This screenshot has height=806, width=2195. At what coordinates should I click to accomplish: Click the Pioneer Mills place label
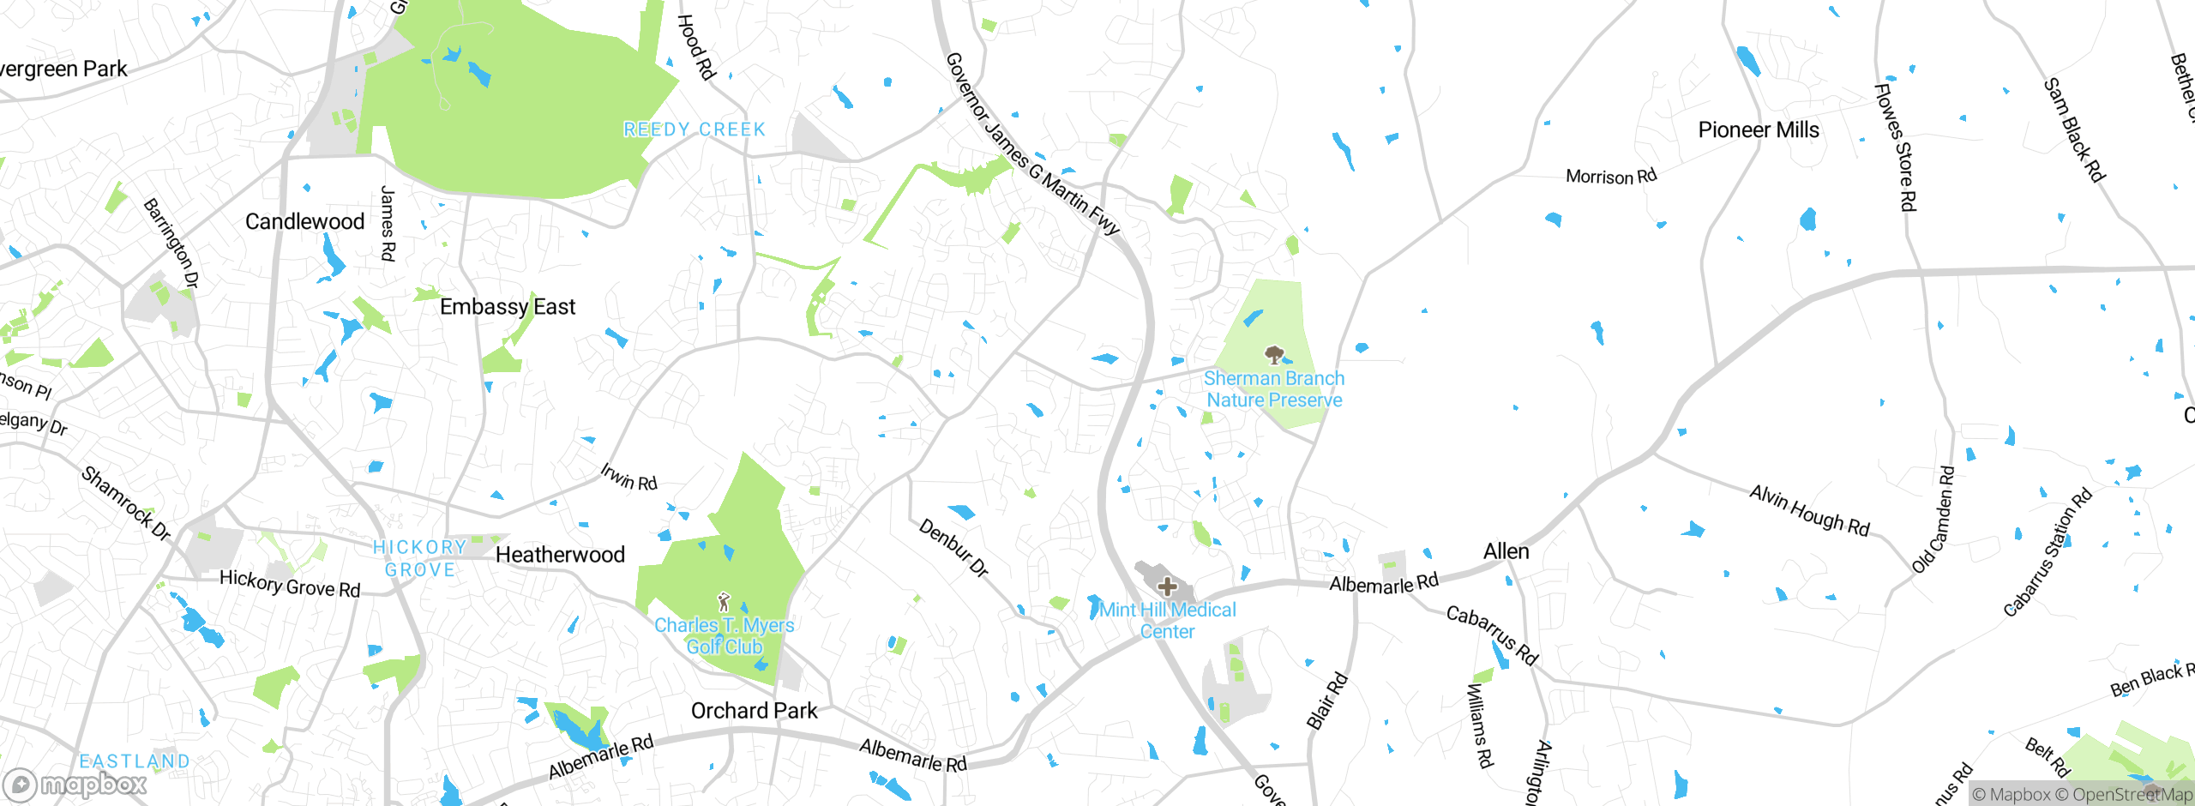pyautogui.click(x=1759, y=130)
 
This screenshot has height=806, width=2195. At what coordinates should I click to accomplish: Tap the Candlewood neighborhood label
pyautogui.click(x=305, y=222)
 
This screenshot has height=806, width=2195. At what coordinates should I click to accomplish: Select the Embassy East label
pyautogui.click(x=508, y=307)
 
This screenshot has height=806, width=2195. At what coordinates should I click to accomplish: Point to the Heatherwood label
pyautogui.click(x=560, y=555)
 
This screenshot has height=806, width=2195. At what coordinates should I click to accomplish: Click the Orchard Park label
pyautogui.click(x=755, y=711)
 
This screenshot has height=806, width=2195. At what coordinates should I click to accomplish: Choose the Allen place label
pyautogui.click(x=1506, y=551)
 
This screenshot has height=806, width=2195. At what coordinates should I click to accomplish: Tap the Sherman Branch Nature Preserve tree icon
pyautogui.click(x=1275, y=354)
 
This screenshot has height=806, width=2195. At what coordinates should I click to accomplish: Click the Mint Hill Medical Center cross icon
pyautogui.click(x=1167, y=586)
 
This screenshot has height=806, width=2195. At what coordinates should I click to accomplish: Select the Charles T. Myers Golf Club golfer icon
pyautogui.click(x=724, y=602)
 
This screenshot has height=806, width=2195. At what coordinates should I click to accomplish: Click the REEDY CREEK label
pyautogui.click(x=695, y=129)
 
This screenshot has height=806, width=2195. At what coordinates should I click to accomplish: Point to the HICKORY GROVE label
pyautogui.click(x=420, y=558)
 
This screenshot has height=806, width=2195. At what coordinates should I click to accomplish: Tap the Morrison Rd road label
pyautogui.click(x=1611, y=177)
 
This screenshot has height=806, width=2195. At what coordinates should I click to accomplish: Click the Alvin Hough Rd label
pyautogui.click(x=1809, y=509)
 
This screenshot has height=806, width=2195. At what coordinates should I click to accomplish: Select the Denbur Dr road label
pyautogui.click(x=953, y=548)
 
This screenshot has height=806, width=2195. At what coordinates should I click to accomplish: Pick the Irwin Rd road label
pyautogui.click(x=628, y=477)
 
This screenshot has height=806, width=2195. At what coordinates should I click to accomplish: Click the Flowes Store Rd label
pyautogui.click(x=1896, y=147)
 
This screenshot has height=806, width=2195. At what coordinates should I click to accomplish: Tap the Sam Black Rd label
pyautogui.click(x=2075, y=129)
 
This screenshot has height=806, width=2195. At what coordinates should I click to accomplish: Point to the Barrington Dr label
pyautogui.click(x=171, y=243)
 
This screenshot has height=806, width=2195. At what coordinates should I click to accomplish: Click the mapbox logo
pyautogui.click(x=75, y=784)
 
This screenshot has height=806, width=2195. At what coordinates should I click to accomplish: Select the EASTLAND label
pyautogui.click(x=135, y=761)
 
